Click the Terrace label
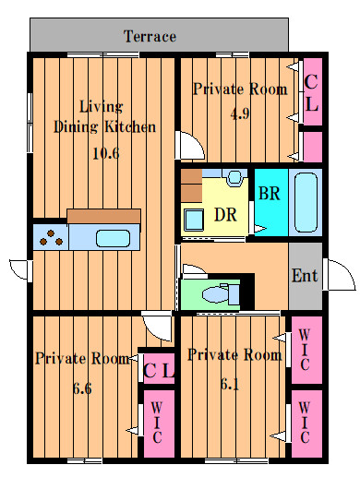coord(150,36)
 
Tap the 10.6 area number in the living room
coord(106,153)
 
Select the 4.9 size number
coord(240,113)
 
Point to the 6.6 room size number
coord(82,388)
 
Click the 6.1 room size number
coord(230,384)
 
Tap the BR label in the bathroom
coord(270,194)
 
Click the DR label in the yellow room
coord(225,215)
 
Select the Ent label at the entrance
coord(305,276)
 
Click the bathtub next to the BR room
coord(306,202)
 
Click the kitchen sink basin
coord(113,238)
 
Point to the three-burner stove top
coord(51,237)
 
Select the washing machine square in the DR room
coord(194,220)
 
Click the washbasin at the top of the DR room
coord(235,178)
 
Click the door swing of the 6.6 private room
coord(158,326)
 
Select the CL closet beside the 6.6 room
coord(159,368)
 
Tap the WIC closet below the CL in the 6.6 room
coord(159,423)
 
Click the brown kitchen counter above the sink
coord(104,216)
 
